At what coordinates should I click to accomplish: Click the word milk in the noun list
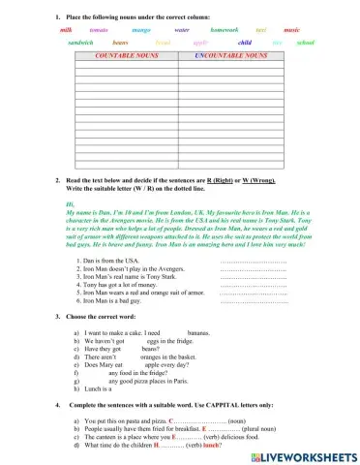(x=66, y=31)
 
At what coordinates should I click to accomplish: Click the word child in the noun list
(x=245, y=44)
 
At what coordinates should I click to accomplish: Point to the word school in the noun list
(x=305, y=44)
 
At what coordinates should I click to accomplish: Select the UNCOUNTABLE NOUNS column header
(x=230, y=57)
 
